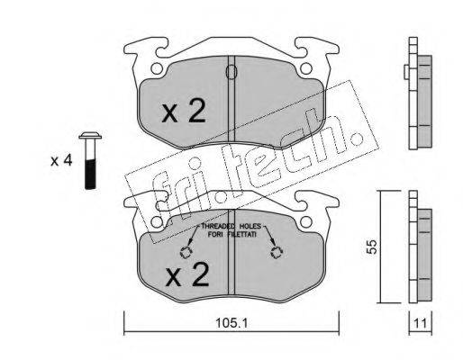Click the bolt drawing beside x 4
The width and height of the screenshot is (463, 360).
(90, 160)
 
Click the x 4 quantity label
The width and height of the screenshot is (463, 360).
(61, 161)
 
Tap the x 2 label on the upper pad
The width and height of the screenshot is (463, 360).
(184, 112)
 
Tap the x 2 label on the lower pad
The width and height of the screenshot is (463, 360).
(187, 274)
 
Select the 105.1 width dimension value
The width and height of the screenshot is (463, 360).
(231, 323)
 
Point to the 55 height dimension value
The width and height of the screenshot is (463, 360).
(372, 247)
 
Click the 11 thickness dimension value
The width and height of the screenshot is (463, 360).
(420, 324)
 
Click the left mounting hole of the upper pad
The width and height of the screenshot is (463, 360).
(157, 68)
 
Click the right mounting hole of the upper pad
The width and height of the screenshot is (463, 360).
(306, 68)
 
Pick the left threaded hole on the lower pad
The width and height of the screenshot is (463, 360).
(186, 253)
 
